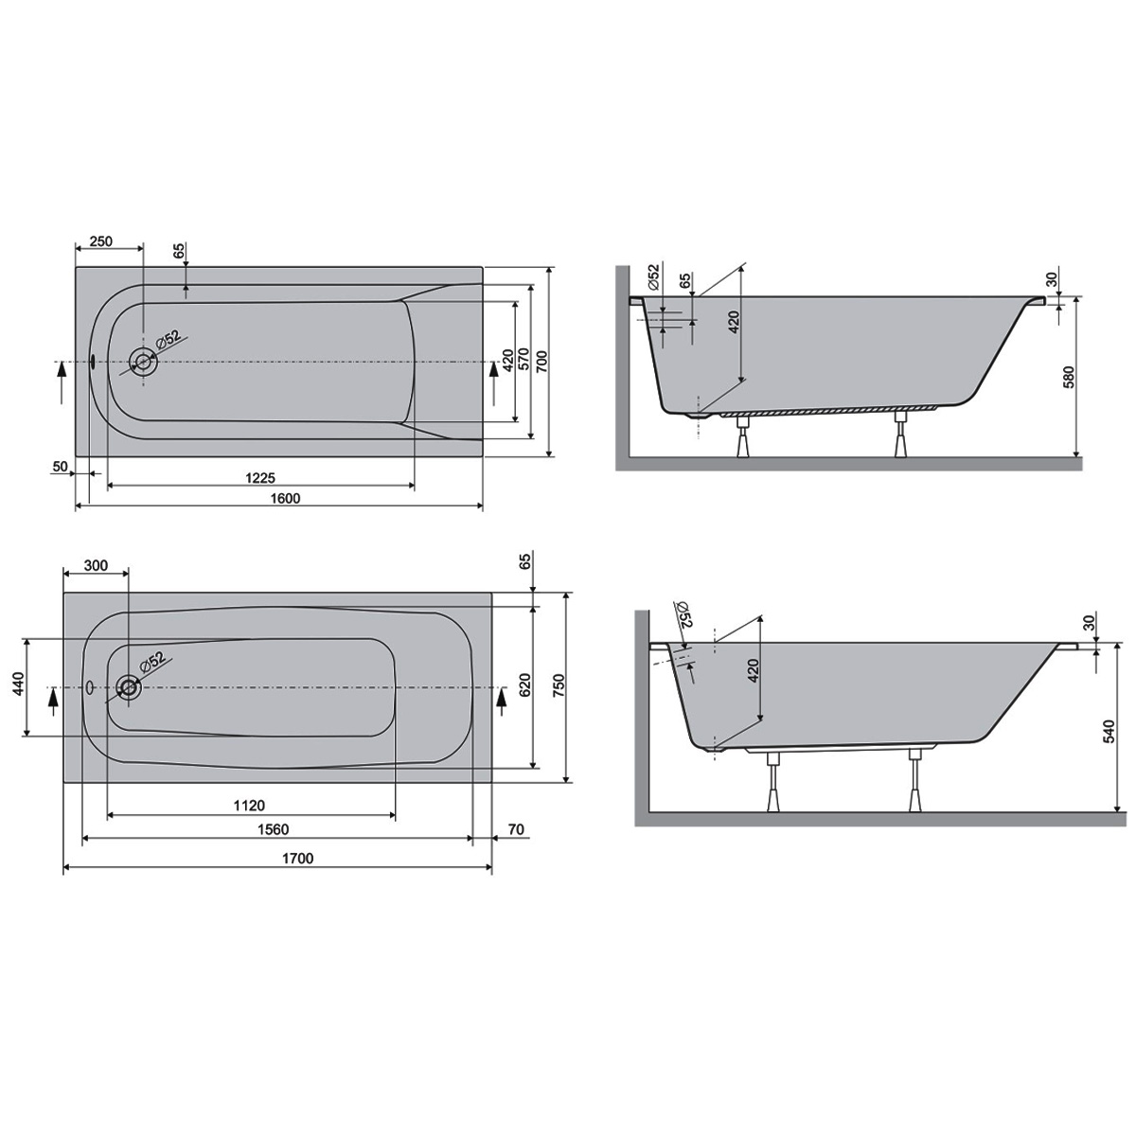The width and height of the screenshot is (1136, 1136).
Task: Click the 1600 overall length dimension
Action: point(285,498)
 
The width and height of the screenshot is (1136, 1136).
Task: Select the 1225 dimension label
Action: point(260,477)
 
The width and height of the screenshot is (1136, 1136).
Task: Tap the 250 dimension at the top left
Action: point(100,241)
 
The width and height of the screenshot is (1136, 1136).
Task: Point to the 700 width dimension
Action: point(542,361)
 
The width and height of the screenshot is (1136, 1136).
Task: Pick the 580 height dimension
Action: point(1069,378)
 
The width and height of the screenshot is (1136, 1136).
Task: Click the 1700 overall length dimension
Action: point(297,858)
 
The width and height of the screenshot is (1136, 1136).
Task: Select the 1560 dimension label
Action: point(274,829)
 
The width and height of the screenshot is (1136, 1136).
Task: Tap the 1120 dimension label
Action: point(249,805)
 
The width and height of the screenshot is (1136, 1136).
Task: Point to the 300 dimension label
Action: point(97,565)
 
